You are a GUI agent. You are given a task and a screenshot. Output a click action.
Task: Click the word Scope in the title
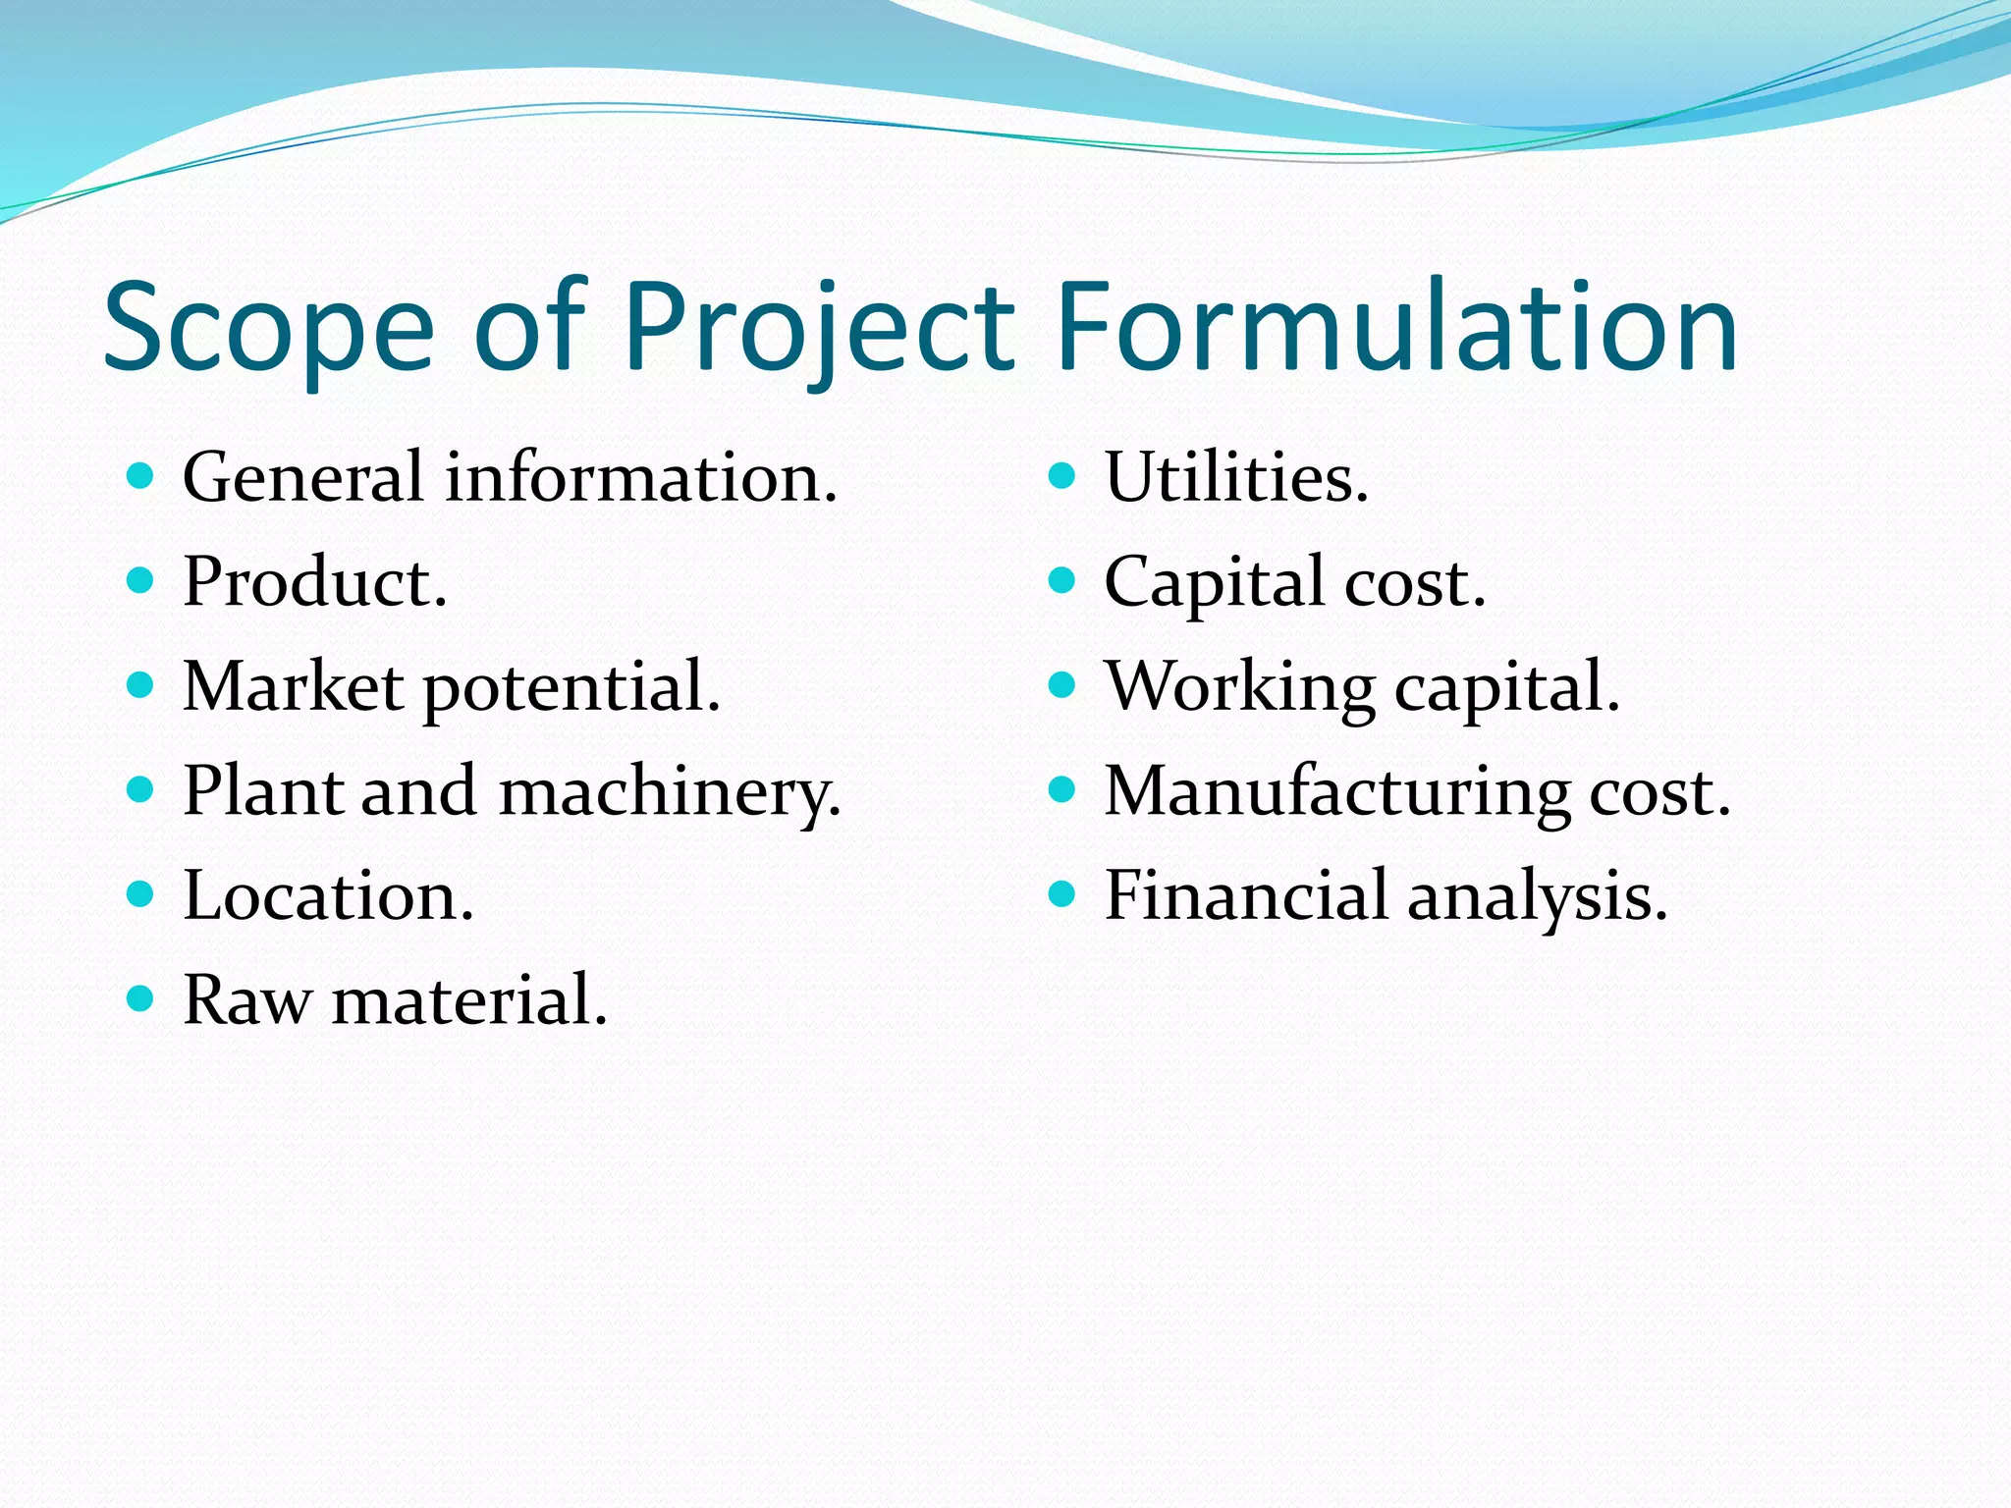point(268,327)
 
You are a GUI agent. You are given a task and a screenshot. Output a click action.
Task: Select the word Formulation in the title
point(1397,327)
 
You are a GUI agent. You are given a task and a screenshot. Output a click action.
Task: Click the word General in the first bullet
point(302,478)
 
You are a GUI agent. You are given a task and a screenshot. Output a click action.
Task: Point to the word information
point(641,478)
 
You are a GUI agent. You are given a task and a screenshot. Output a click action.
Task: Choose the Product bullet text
point(315,582)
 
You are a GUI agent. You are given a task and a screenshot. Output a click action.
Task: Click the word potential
point(571,688)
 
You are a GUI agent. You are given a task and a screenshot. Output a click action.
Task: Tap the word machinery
point(670,792)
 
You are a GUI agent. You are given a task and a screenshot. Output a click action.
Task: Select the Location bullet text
point(328,896)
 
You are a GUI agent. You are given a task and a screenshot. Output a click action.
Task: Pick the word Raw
point(246,1001)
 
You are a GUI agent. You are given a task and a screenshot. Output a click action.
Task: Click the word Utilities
point(1236,478)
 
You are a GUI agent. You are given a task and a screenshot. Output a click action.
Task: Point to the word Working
point(1240,688)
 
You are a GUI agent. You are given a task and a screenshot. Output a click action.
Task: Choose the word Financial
point(1246,896)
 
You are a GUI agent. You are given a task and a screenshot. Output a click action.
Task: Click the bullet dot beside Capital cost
point(1061,580)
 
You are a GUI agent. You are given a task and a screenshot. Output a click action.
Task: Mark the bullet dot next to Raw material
point(140,999)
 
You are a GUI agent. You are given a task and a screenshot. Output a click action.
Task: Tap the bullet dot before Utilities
point(1061,476)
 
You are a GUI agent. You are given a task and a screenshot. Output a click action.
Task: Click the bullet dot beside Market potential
point(140,684)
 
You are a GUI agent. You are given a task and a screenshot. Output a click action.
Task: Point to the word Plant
point(262,792)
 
